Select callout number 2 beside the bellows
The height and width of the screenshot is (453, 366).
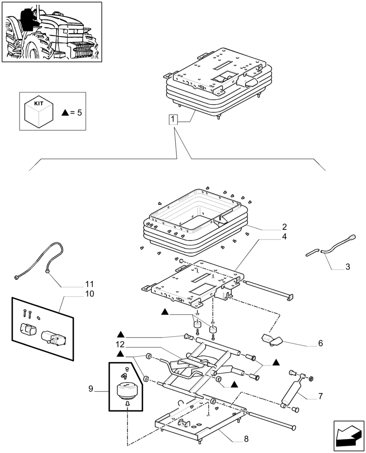[284, 226]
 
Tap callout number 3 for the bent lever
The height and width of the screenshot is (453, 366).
[347, 267]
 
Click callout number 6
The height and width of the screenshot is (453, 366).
[320, 343]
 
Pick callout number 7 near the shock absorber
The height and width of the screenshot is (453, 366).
[320, 396]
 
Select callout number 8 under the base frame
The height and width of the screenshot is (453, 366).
[246, 439]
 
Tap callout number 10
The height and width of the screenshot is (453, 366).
[89, 294]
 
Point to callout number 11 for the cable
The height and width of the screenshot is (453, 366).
[89, 284]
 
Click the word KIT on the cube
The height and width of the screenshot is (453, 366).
[39, 103]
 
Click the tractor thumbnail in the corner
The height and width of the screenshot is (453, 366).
[52, 32]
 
